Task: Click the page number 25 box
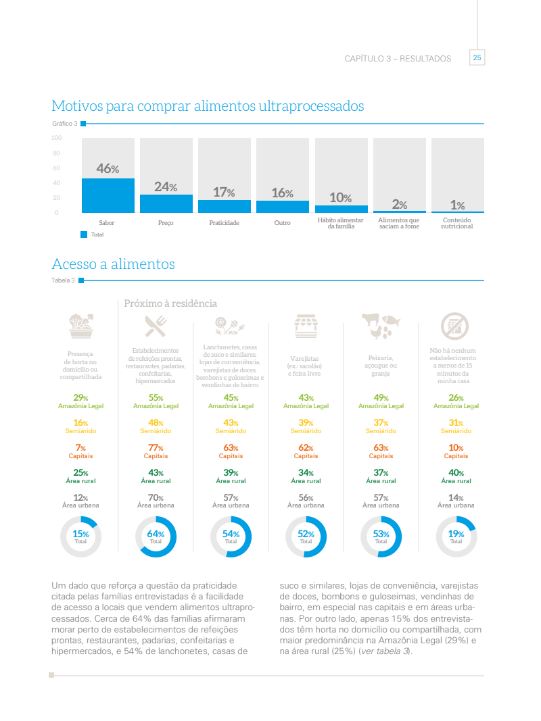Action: tap(477, 58)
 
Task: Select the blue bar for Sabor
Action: tap(108, 195)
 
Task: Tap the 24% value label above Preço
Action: tap(166, 187)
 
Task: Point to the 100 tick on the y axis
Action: tap(56, 138)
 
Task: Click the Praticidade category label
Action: tap(225, 222)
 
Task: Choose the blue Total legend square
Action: tap(84, 234)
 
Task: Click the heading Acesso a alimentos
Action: tap(113, 264)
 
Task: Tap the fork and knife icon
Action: tap(156, 326)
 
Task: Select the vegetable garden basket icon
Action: tap(80, 325)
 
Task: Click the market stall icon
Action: tap(306, 326)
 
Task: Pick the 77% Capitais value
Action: tap(156, 447)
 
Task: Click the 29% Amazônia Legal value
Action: tap(80, 398)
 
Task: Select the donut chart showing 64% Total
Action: tap(156, 537)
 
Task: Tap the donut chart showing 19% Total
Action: tap(456, 537)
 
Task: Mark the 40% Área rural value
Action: tap(456, 472)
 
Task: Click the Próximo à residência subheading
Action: tap(170, 303)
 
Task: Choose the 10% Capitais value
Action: tap(456, 447)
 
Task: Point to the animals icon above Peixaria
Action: tap(380, 325)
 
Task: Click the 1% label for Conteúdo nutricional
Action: tap(458, 205)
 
